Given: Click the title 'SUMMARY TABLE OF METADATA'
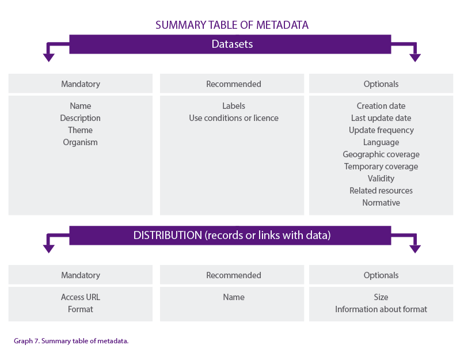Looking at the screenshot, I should [232, 25].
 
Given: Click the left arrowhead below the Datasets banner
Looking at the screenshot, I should [49, 57].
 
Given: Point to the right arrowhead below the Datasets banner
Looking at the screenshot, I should [414, 57].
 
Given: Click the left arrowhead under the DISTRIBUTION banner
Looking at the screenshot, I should [49, 248].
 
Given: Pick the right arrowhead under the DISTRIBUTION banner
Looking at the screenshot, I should [414, 248].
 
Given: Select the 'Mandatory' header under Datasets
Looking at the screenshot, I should [81, 84].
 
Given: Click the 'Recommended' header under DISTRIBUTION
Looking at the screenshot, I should [233, 275].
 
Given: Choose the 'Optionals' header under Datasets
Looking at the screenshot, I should [381, 84].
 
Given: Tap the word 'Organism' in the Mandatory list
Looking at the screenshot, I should [81, 142].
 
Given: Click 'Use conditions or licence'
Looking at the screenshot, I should [233, 118].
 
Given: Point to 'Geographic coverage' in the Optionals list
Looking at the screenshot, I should [381, 154].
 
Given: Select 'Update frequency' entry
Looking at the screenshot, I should [381, 130].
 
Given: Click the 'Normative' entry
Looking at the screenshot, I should [381, 203].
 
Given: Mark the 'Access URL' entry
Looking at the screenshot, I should [81, 297].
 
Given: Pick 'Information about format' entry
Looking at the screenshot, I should [381, 309].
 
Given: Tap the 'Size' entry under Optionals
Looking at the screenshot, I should [381, 297].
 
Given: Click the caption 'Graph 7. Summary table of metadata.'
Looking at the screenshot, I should [71, 341].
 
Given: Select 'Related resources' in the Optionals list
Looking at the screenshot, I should [381, 191].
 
